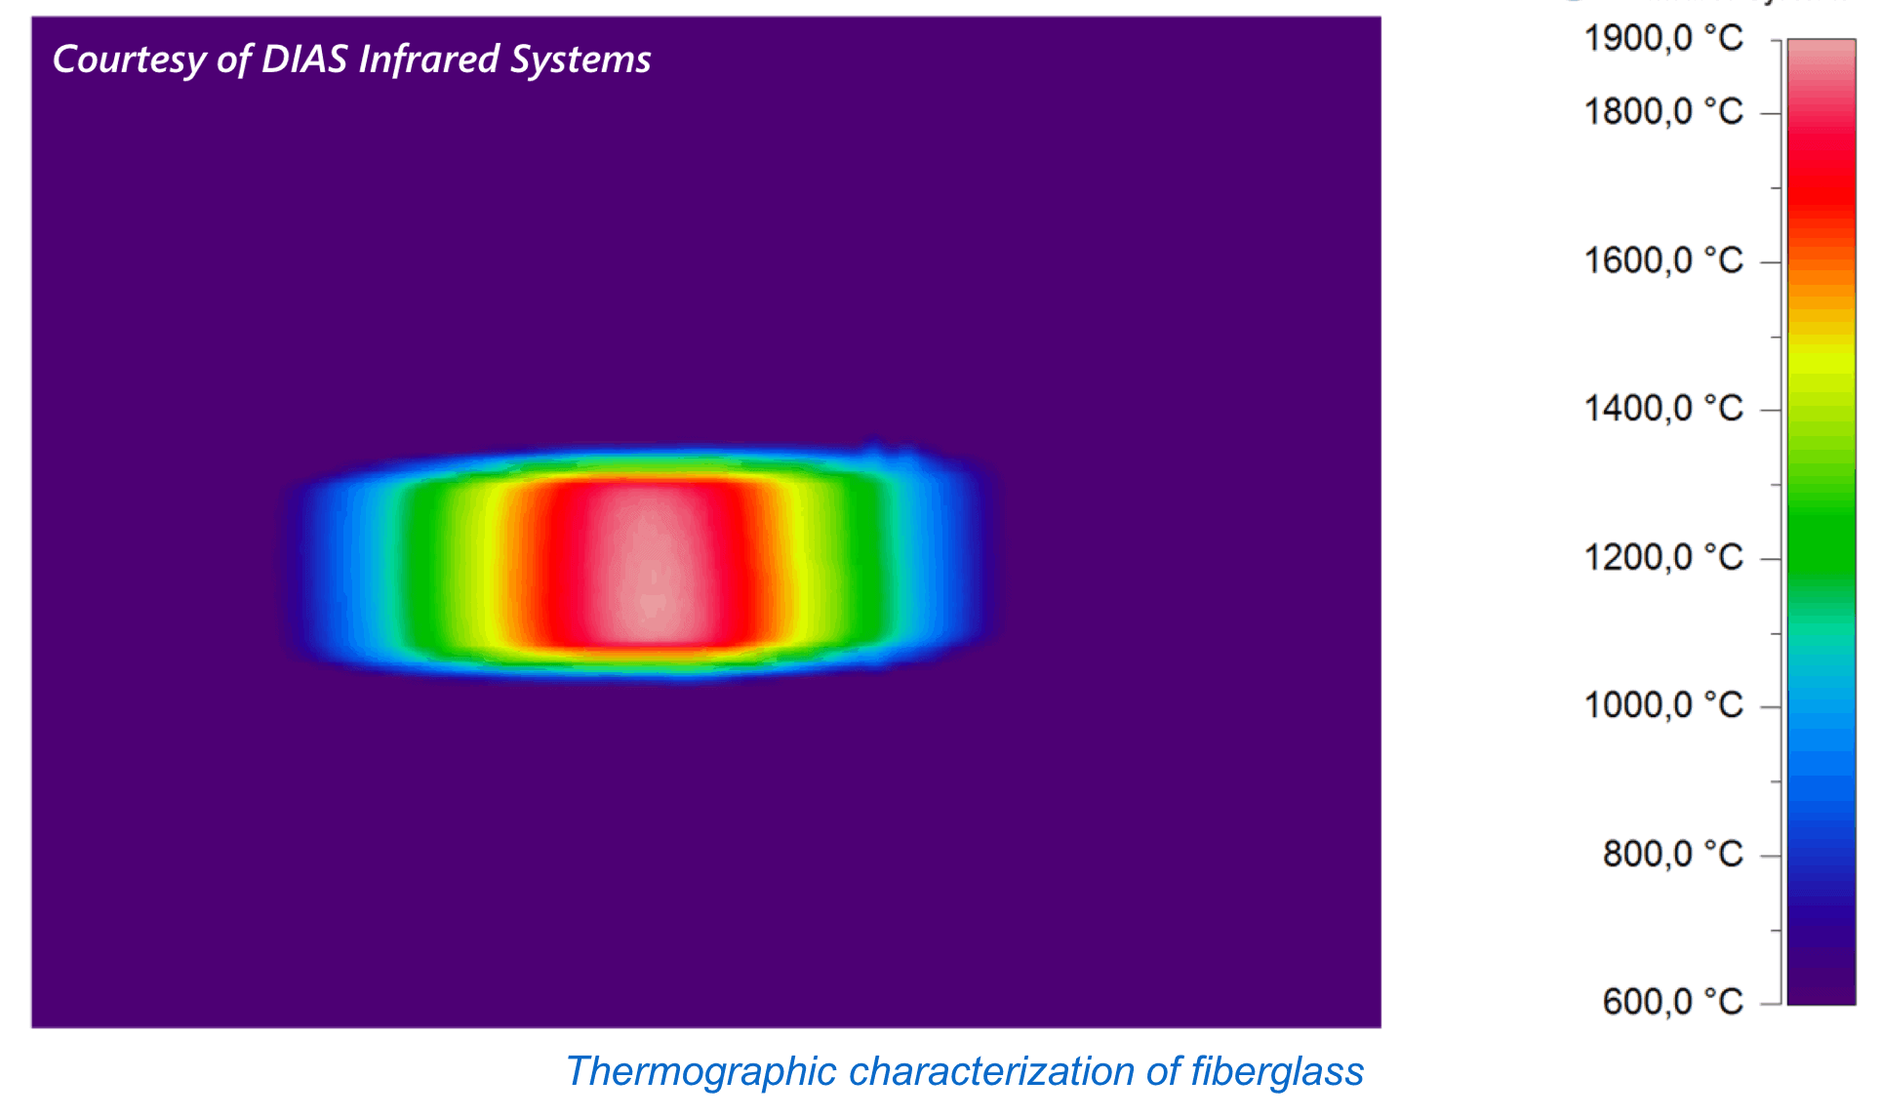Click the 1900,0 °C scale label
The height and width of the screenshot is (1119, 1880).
pos(1662,38)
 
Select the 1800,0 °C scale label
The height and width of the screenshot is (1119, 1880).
pos(1662,111)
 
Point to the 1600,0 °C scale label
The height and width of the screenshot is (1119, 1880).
pos(1662,260)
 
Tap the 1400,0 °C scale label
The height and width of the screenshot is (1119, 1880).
pos(1662,408)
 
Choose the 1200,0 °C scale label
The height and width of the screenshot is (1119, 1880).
pos(1662,557)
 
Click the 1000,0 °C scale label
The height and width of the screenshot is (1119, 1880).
pos(1662,704)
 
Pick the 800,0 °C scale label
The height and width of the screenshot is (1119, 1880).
pos(1672,854)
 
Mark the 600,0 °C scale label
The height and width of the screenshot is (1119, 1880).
pos(1672,1001)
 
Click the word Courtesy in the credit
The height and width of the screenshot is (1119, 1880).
pos(129,60)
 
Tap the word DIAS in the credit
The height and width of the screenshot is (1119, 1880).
pos(304,60)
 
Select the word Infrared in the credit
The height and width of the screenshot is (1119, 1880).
pos(429,60)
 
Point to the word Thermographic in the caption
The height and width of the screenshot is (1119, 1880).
pos(700,1072)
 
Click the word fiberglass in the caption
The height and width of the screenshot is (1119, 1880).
pos(1277,1072)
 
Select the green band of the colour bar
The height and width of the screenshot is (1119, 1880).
pos(1820,527)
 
